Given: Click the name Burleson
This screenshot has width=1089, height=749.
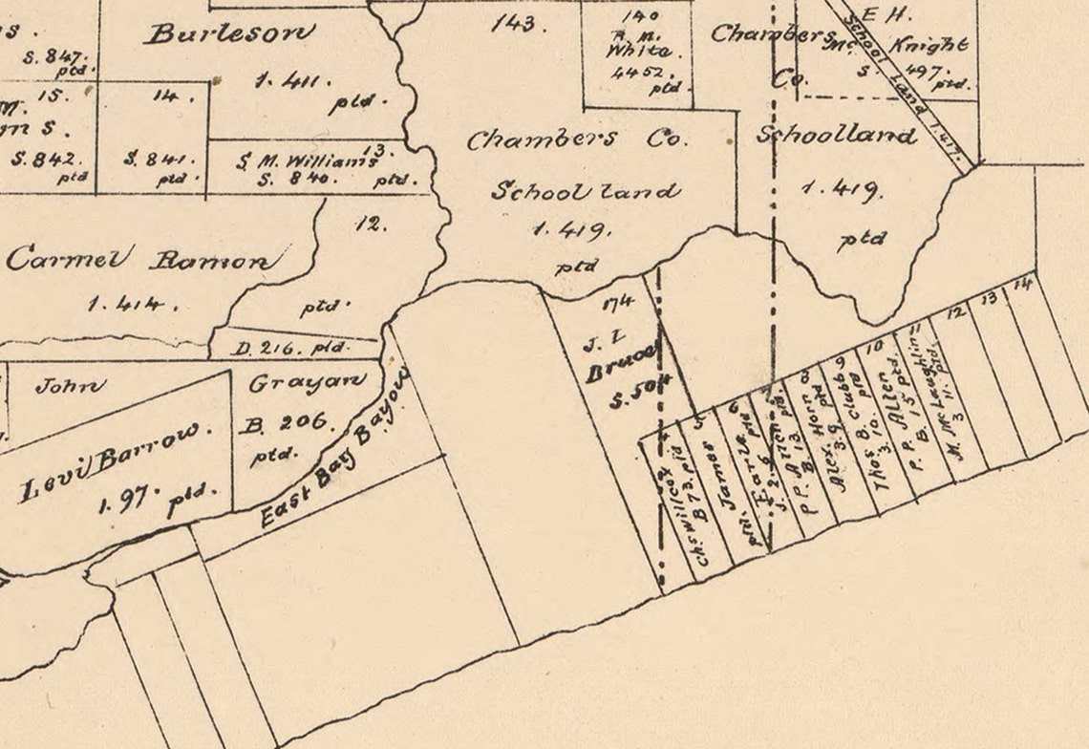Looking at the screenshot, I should coord(229,33).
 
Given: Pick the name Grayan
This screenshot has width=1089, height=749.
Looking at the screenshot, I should coord(308,382).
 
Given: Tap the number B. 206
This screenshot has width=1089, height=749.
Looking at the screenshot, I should coord(287,421).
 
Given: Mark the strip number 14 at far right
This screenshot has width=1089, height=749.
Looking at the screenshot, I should coord(1022,285).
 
